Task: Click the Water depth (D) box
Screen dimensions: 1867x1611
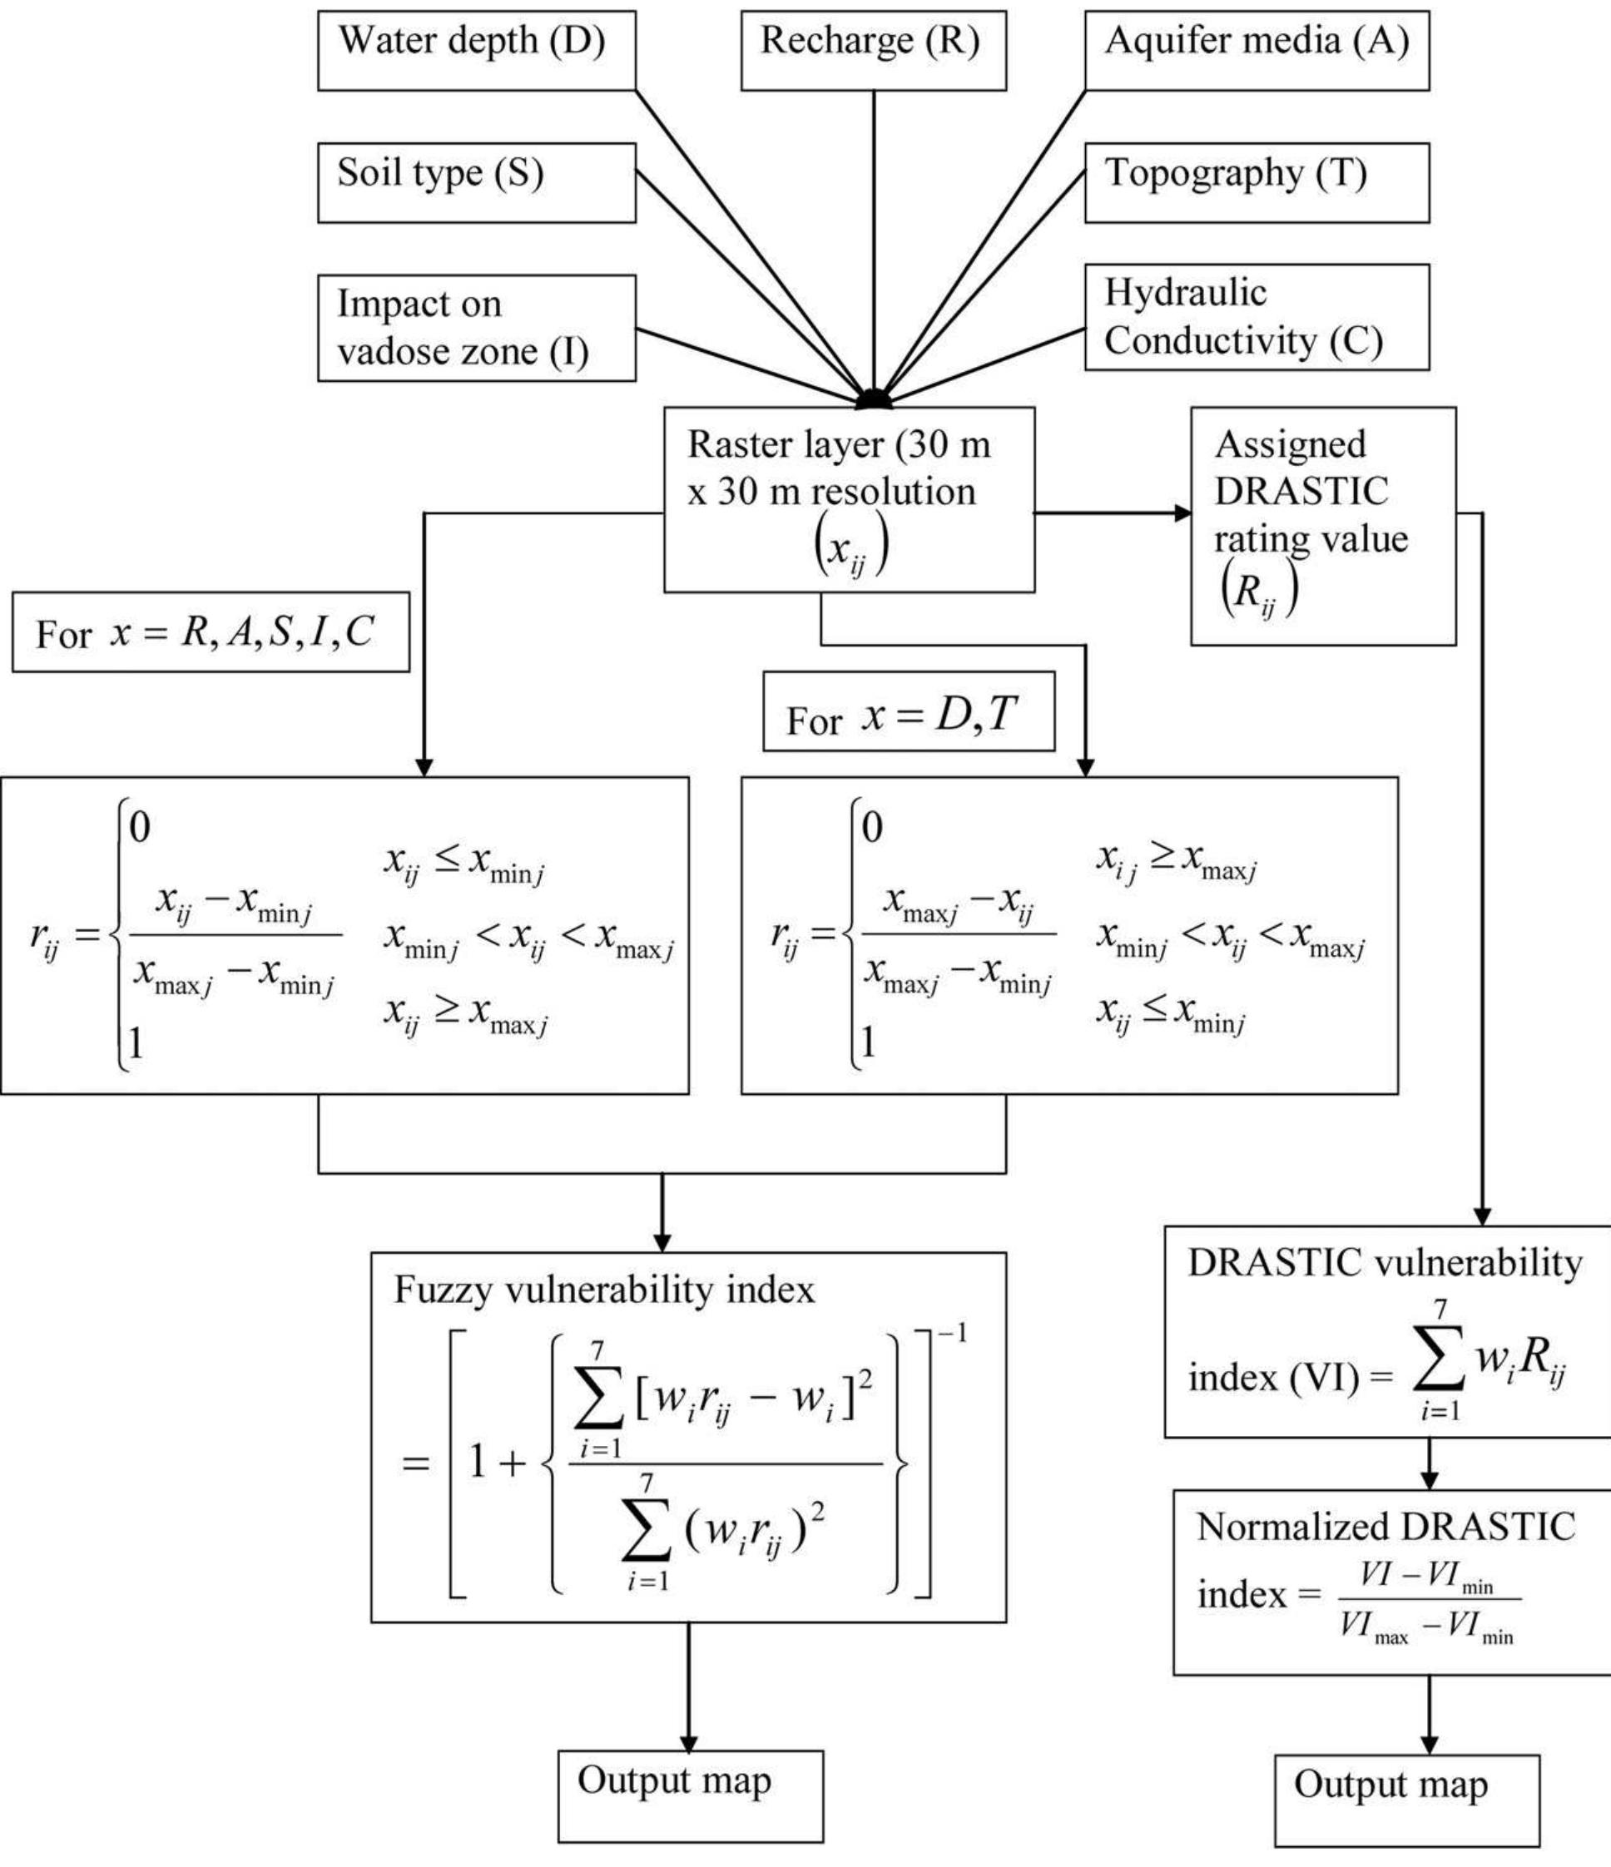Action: (477, 51)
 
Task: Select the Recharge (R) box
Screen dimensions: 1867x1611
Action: (873, 51)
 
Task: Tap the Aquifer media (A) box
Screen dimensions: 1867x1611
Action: (1256, 51)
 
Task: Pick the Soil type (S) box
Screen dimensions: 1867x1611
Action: (477, 183)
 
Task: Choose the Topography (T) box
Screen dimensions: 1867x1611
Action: (1256, 183)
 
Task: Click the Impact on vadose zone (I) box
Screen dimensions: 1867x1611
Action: (477, 328)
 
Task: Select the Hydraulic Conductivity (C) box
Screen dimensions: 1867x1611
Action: (1256, 317)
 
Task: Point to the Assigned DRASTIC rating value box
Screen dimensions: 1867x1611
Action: (1323, 526)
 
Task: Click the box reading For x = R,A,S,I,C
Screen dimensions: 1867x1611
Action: (211, 631)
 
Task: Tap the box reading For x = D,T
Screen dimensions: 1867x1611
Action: (908, 711)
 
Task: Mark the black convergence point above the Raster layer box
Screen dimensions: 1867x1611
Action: (873, 399)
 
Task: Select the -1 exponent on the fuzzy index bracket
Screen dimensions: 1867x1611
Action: (952, 1333)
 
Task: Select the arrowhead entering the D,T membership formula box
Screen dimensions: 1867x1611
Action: (1085, 768)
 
